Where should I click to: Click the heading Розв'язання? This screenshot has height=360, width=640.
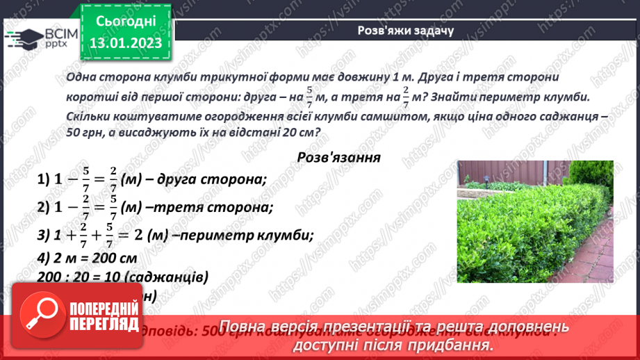coord(338,157)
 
